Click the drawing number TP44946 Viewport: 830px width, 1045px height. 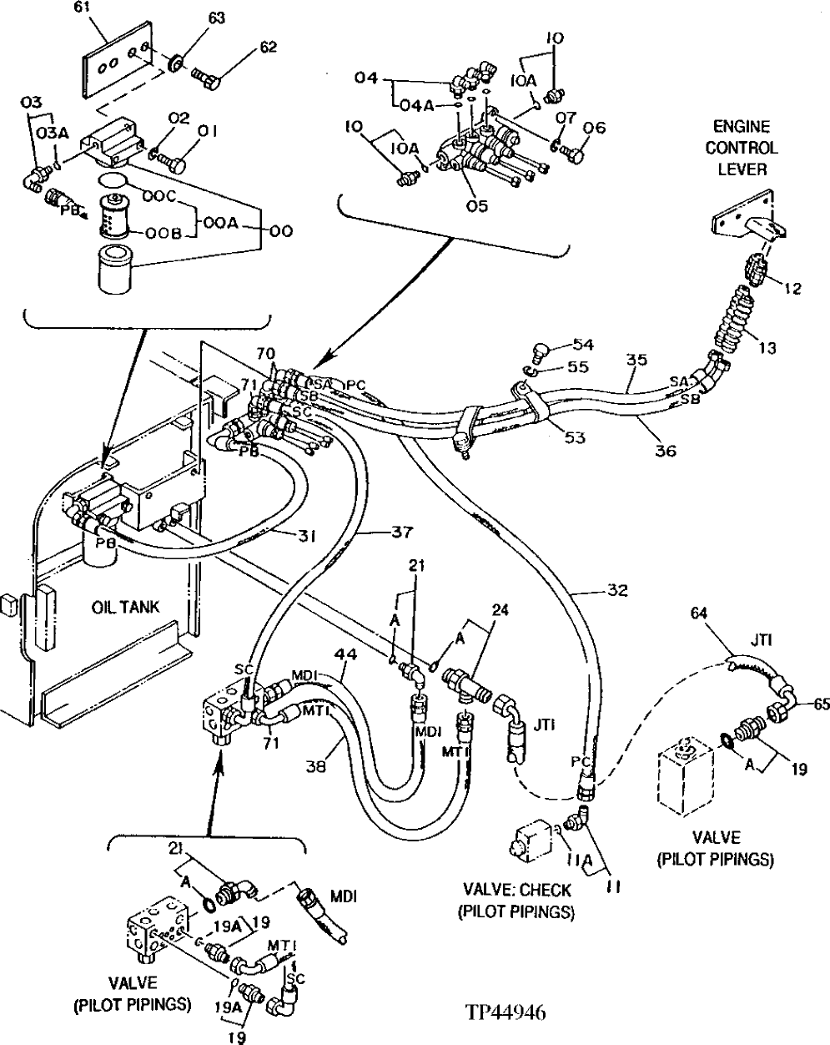point(506,1013)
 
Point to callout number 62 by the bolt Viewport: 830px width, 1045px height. point(268,48)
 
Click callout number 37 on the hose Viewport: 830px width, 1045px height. point(402,529)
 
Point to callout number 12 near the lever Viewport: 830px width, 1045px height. point(792,289)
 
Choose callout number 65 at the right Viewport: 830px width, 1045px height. point(821,704)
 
